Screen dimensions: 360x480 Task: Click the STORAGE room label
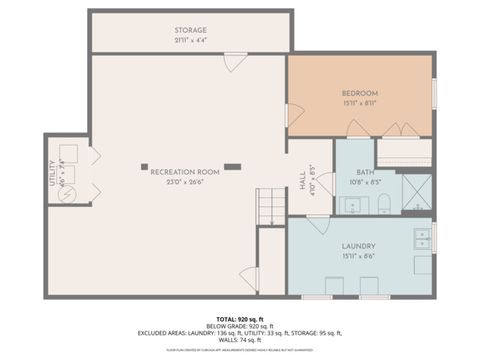point(190,30)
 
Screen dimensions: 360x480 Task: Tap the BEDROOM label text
point(359,92)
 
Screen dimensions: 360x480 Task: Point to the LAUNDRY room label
point(358,245)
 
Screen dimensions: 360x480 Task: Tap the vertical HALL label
point(303,179)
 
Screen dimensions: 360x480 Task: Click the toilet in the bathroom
point(384,206)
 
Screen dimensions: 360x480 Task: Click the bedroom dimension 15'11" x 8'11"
point(359,102)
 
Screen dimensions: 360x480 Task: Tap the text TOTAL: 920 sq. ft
point(239,317)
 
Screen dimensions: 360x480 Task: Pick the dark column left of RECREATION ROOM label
point(144,166)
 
